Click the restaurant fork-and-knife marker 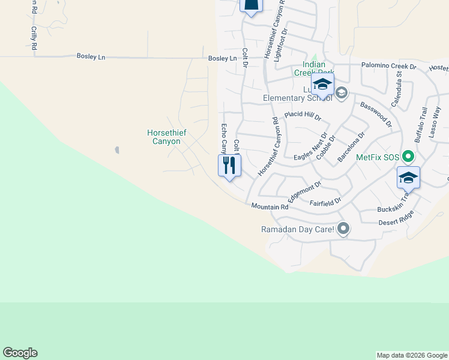pyautogui.click(x=229, y=165)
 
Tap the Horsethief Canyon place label pyautogui.click(x=164, y=137)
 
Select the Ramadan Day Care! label pyautogui.click(x=298, y=229)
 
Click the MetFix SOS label pyautogui.click(x=378, y=157)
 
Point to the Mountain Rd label pyautogui.click(x=270, y=206)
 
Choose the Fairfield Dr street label pyautogui.click(x=325, y=202)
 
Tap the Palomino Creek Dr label pyautogui.click(x=388, y=65)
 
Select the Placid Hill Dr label pyautogui.click(x=303, y=115)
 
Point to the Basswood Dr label pyautogui.click(x=376, y=115)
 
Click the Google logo pyautogui.click(x=20, y=353)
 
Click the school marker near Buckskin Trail pyautogui.click(x=408, y=178)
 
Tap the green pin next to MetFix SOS pyautogui.click(x=408, y=157)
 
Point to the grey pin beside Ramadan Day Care pyautogui.click(x=343, y=228)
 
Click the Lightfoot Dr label pyautogui.click(x=280, y=45)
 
